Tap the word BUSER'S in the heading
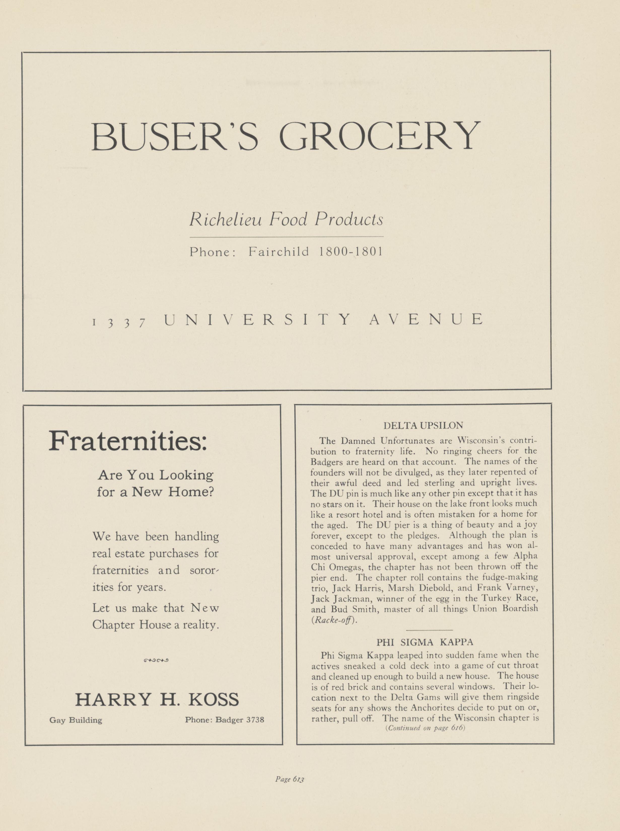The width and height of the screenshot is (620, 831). coord(175,136)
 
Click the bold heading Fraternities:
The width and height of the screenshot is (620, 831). coord(128,442)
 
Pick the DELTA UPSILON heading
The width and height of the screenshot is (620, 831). coord(423,425)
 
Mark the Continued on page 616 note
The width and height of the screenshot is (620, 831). coord(425,728)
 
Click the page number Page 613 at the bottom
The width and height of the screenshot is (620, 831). coord(289,779)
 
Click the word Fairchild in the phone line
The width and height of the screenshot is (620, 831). coord(279,251)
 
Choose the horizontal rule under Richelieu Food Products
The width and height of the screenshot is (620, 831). coord(286,237)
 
